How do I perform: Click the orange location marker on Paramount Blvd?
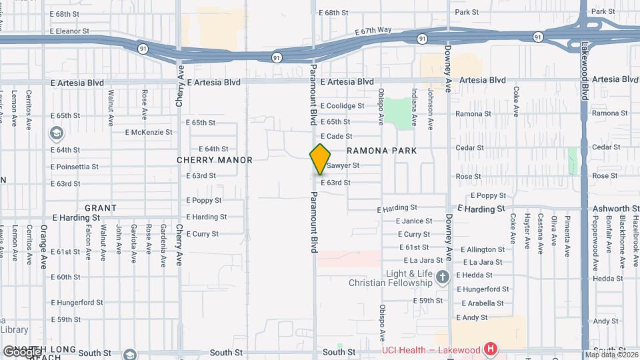pyautogui.click(x=320, y=159)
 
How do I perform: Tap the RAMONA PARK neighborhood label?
pyautogui.click(x=381, y=151)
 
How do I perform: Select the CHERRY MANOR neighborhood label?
pyautogui.click(x=215, y=160)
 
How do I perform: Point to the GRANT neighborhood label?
pyautogui.click(x=101, y=208)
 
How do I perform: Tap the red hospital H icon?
pyautogui.click(x=491, y=348)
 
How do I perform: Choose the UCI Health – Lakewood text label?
pyautogui.click(x=431, y=351)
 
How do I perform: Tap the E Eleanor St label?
pyautogui.click(x=69, y=31)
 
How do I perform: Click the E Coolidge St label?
pyautogui.click(x=342, y=106)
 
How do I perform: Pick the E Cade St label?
pyautogui.click(x=336, y=136)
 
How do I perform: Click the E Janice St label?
pyautogui.click(x=414, y=221)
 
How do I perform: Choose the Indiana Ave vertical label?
pyautogui.click(x=415, y=107)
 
